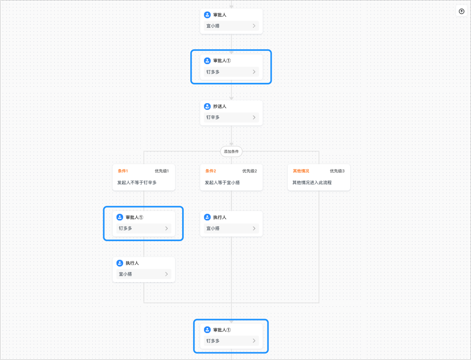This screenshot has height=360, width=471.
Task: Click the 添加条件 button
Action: [231, 152]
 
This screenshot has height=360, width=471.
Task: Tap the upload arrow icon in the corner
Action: [461, 11]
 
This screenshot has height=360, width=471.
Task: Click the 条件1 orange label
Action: [123, 171]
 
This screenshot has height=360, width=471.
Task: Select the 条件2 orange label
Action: [211, 171]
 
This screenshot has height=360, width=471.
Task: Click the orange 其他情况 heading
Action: [301, 171]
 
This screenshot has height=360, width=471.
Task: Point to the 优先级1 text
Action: [162, 171]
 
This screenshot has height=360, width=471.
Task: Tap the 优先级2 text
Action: [249, 171]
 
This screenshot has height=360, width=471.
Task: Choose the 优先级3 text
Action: [337, 171]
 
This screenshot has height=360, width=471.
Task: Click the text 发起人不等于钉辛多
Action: [137, 183]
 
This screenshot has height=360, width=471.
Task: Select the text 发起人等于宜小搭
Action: [222, 183]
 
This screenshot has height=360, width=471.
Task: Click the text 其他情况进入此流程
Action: [312, 183]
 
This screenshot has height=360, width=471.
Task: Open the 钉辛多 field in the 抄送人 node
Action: [231, 117]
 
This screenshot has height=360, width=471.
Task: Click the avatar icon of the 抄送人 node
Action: [207, 106]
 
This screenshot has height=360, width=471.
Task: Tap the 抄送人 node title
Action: [220, 106]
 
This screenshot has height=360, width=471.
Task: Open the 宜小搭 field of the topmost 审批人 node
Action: [231, 26]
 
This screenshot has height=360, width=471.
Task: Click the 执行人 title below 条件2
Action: [220, 217]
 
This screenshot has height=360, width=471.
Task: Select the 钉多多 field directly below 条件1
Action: [143, 228]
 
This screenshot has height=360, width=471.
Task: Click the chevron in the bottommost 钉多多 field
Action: [254, 341]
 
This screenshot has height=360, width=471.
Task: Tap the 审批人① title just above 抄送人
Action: [222, 61]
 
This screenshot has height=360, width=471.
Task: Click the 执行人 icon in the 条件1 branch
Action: [120, 263]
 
